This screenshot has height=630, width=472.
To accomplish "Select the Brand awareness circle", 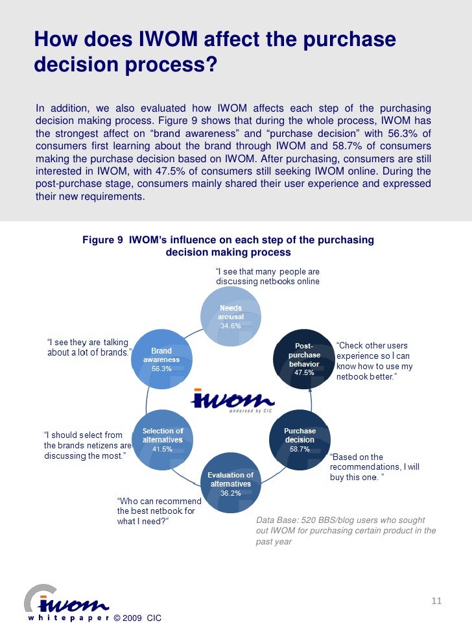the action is (x=161, y=359).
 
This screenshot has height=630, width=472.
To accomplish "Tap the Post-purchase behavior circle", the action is (x=304, y=359).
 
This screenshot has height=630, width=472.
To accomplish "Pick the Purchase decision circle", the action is (x=300, y=439).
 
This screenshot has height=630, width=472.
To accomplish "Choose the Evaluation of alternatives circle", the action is (x=230, y=483).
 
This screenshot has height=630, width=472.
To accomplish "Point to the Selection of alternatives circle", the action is (x=162, y=439).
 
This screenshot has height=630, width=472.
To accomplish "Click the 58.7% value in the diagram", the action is (x=300, y=449).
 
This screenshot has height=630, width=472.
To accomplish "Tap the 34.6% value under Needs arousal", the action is (x=230, y=326).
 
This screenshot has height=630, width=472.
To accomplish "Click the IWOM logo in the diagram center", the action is (x=232, y=401).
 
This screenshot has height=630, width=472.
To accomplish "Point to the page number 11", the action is (x=436, y=601).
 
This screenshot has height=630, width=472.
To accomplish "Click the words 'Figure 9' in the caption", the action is (x=102, y=240).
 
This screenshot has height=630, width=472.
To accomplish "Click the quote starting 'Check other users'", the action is (x=375, y=361).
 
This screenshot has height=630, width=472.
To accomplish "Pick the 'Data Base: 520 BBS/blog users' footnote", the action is (x=346, y=531).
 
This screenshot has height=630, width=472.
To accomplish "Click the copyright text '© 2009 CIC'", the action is (x=137, y=618).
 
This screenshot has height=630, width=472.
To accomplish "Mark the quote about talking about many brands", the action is (x=89, y=347).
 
